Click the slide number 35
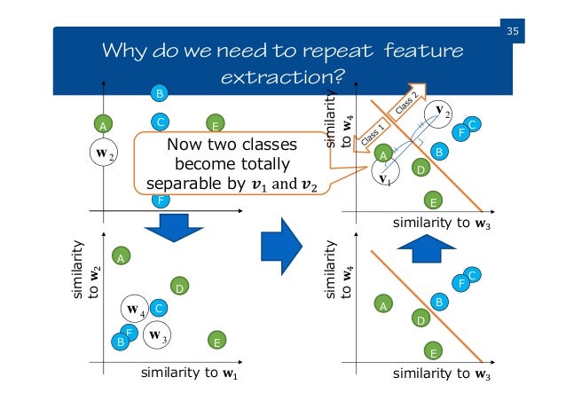pos(512,33)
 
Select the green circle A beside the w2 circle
pos(103,126)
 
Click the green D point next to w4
pos(178,287)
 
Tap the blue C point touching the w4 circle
pos(159,308)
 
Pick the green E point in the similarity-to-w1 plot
pos(216,340)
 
